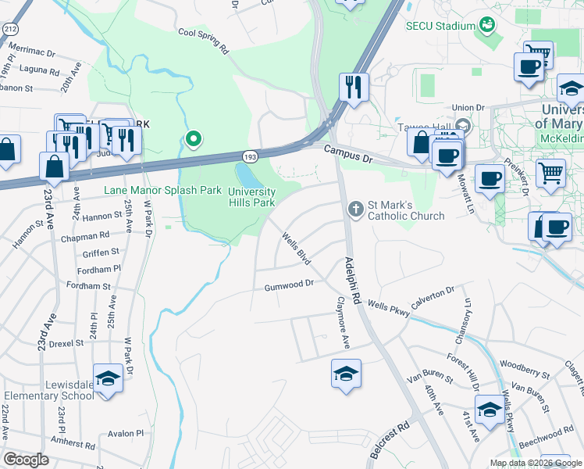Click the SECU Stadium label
coord(440,26)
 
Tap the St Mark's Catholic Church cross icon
coord(356,207)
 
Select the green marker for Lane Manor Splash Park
coord(193,140)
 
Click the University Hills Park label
coord(251,197)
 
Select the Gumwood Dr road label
coord(288,285)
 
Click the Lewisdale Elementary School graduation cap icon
coord(108,378)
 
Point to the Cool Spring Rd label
coord(203,40)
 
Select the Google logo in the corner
coord(27,460)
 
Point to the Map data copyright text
coord(535,463)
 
